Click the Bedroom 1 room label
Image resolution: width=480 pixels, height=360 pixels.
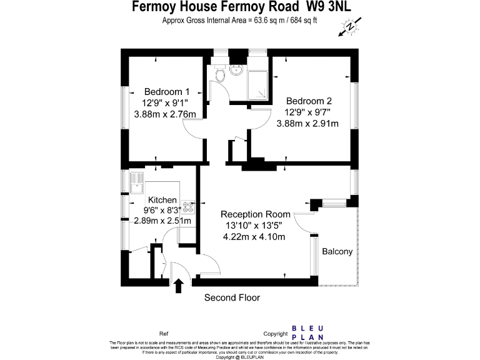pyautogui.click(x=167, y=91)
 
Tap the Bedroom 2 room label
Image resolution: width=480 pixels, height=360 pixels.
pyautogui.click(x=309, y=101)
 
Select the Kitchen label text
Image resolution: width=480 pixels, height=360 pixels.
pyautogui.click(x=162, y=200)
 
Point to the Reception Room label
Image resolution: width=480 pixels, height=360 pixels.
pyautogui.click(x=255, y=214)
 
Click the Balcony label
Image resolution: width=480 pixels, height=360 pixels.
pyautogui.click(x=337, y=252)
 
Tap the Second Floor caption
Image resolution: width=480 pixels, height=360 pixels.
pyautogui.click(x=232, y=297)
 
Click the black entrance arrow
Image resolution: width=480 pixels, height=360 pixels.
pyautogui.click(x=178, y=286)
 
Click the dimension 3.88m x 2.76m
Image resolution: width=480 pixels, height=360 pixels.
pyautogui.click(x=165, y=114)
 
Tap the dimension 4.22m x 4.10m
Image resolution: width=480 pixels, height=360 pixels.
pyautogui.click(x=254, y=237)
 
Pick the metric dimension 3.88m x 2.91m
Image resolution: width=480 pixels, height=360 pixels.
pyautogui.click(x=307, y=124)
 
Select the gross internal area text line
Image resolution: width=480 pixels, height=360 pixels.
pyautogui.click(x=239, y=20)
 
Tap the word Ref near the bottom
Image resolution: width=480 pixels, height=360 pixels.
pyautogui.click(x=164, y=334)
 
